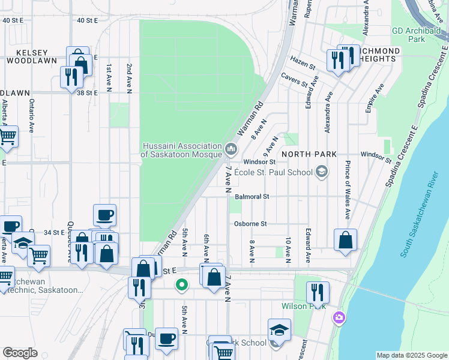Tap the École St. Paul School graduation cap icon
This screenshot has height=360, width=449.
pos(322,173)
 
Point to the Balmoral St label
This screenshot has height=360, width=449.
pos(252,196)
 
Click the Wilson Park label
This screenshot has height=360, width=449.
pos(304,306)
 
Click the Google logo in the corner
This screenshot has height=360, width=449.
pos(20,353)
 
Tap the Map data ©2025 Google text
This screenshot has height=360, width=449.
pos(411,355)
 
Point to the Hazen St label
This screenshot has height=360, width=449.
pos(303,60)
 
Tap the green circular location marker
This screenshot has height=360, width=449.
pos(181,285)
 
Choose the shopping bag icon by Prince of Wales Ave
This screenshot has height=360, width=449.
pos(345,240)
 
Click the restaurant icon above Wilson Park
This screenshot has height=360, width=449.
pos(318,292)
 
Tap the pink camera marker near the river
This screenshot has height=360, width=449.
pos(340,317)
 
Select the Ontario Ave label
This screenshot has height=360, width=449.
pos(32,116)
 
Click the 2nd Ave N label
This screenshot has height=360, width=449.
pos(128,78)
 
